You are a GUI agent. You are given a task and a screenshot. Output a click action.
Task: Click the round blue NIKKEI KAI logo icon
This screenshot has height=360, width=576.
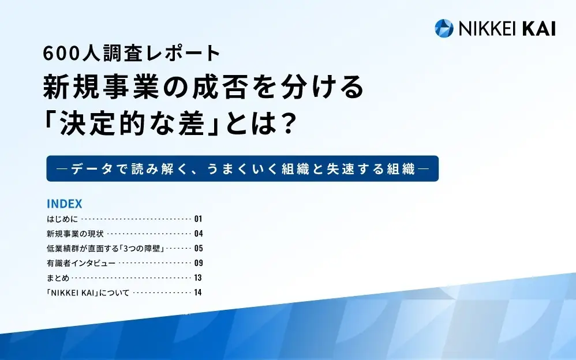click(x=444, y=28)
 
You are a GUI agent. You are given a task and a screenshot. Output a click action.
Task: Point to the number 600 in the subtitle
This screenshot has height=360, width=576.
click(x=61, y=53)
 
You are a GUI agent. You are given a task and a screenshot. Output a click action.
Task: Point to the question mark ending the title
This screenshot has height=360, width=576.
click(x=285, y=123)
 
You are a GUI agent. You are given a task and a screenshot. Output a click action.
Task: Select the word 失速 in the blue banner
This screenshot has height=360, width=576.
click(x=341, y=168)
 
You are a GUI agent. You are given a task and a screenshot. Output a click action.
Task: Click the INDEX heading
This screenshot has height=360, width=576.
click(x=64, y=204)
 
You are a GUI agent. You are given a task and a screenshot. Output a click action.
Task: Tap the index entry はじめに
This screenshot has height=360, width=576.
click(x=62, y=219)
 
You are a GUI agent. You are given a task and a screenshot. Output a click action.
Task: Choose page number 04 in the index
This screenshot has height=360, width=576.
click(x=199, y=234)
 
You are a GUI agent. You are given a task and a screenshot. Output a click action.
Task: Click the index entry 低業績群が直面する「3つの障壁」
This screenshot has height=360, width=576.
click(x=106, y=248)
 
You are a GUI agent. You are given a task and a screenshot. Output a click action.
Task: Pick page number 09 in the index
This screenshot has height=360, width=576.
click(x=199, y=263)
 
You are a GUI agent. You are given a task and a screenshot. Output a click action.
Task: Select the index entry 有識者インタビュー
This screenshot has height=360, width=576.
click(x=81, y=263)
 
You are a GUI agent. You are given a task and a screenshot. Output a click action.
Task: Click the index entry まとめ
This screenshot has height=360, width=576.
click(x=58, y=277)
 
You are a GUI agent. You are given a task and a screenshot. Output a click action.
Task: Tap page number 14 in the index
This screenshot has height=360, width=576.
click(x=198, y=292)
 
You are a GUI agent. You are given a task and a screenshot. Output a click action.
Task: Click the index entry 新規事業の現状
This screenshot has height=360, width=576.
click(x=75, y=234)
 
